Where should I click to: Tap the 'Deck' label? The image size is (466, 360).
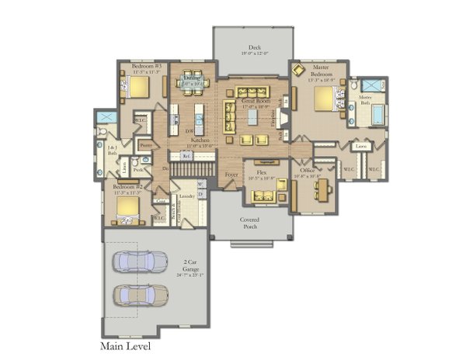click(253, 50)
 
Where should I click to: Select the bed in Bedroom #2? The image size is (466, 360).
click(126, 206)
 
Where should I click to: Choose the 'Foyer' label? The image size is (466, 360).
click(231, 175)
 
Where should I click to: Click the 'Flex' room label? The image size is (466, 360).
click(262, 173)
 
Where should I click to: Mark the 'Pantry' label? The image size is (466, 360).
click(145, 144)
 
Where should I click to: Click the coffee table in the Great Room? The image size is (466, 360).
click(253, 116)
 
